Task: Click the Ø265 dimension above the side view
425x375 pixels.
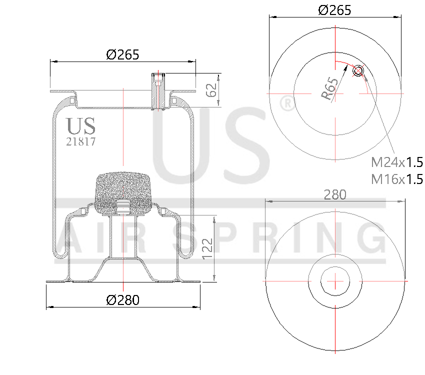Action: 122,54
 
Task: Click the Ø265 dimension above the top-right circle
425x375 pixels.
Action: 334,9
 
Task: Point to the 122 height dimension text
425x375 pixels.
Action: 207,248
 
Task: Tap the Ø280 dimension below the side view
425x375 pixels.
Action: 122,300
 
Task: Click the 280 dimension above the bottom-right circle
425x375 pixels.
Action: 334,194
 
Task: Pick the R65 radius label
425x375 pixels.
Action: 330,89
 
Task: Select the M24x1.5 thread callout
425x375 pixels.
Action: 397,162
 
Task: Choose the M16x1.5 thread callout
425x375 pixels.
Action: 397,179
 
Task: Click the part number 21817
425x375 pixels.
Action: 81,141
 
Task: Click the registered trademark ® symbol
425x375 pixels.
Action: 286,103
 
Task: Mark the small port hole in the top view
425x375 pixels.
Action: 358,71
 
